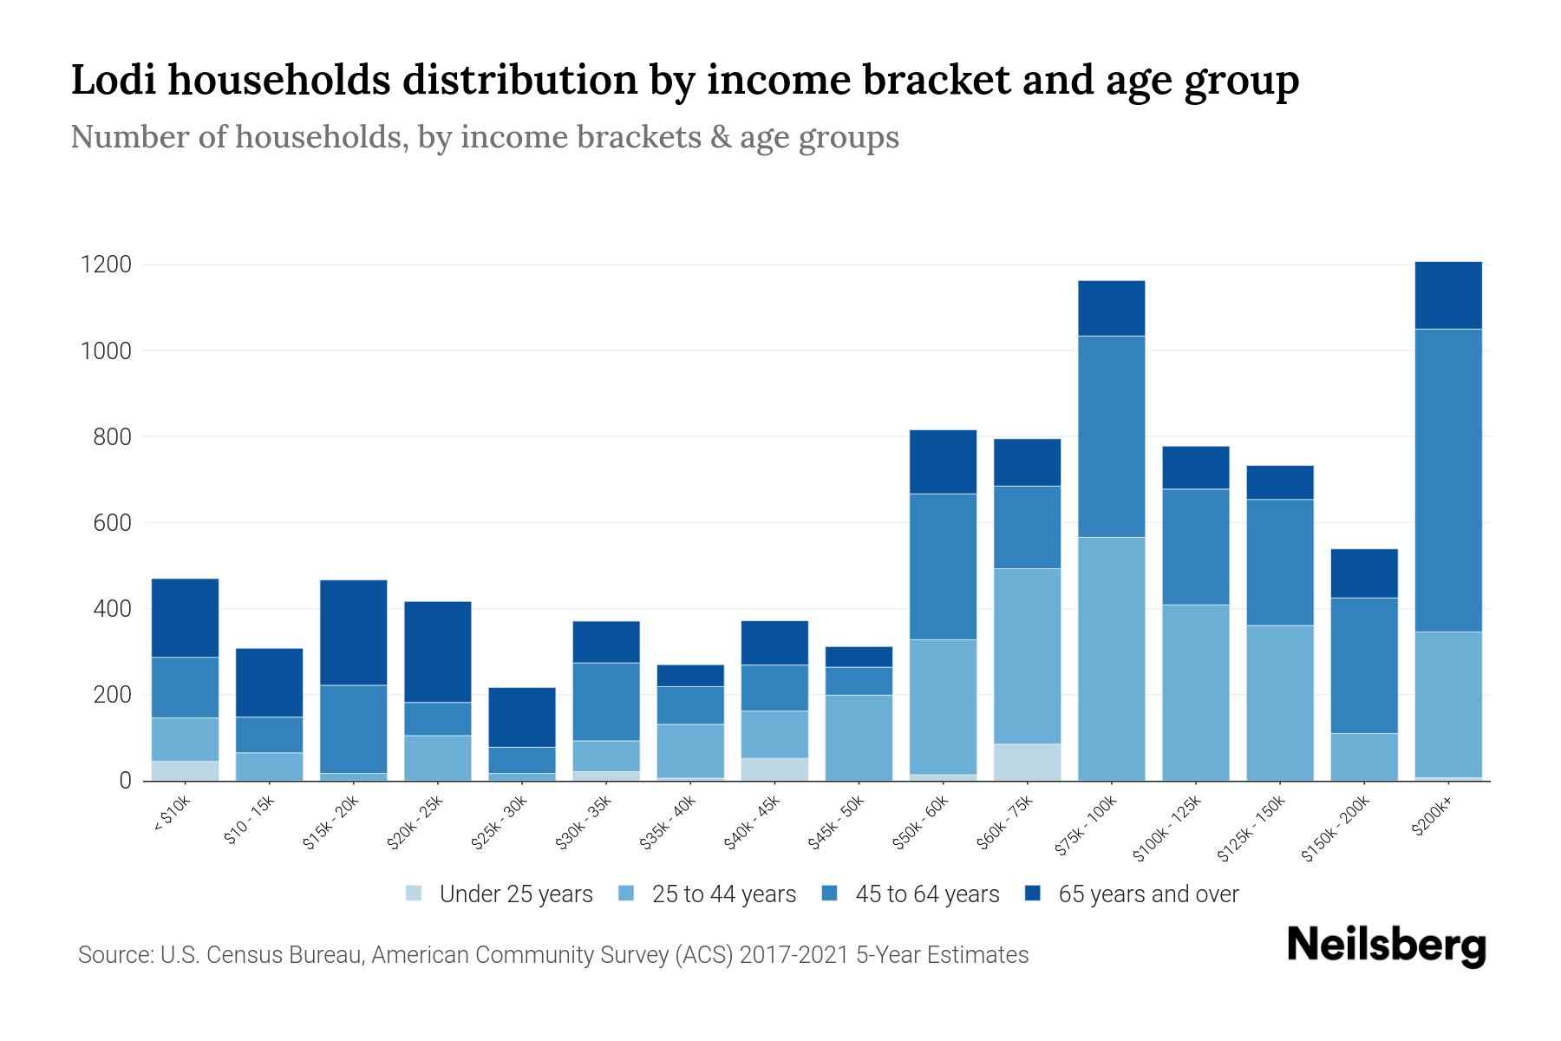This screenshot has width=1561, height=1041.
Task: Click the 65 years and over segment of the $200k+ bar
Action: pyautogui.click(x=1447, y=295)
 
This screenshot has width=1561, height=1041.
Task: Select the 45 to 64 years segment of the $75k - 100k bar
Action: pyautogui.click(x=1111, y=436)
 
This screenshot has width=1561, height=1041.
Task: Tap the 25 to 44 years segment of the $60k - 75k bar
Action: pyautogui.click(x=1027, y=656)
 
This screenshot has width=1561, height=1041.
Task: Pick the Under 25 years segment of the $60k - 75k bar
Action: pyautogui.click(x=1027, y=762)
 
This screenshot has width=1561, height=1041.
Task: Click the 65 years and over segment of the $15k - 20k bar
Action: pyautogui.click(x=353, y=632)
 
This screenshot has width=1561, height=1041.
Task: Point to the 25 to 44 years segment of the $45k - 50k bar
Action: pyautogui.click(x=859, y=737)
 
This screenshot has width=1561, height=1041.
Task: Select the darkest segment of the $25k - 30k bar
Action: pyautogui.click(x=522, y=717)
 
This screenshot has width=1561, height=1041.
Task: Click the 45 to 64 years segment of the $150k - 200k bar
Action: pyautogui.click(x=1363, y=665)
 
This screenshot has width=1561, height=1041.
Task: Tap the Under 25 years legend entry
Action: pyautogui.click(x=500, y=894)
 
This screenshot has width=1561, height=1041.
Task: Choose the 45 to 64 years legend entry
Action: pyautogui.click(x=911, y=894)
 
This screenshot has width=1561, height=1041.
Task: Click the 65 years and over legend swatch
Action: pyautogui.click(x=1032, y=894)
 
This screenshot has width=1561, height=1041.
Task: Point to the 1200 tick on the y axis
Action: pyautogui.click(x=106, y=265)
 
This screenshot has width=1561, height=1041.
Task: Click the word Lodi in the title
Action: pyautogui.click(x=112, y=80)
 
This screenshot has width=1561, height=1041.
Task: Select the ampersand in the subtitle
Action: pyautogui.click(x=719, y=137)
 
